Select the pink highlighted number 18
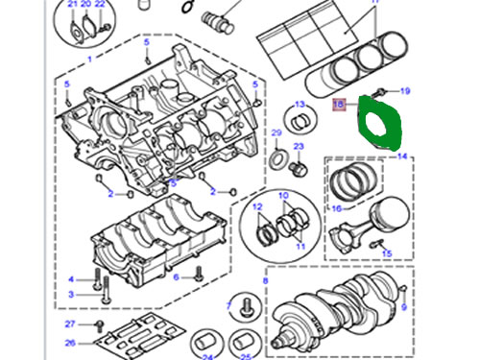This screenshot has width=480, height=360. [x=339, y=105]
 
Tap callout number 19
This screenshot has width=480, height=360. [x=405, y=91]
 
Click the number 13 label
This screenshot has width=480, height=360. [x=300, y=105]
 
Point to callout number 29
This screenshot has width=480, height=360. [x=276, y=132]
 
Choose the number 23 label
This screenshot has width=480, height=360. [x=299, y=147]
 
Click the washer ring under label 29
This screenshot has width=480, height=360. [x=276, y=159]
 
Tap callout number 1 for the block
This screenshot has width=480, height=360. [x=90, y=60]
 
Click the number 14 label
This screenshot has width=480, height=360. [x=402, y=156]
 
